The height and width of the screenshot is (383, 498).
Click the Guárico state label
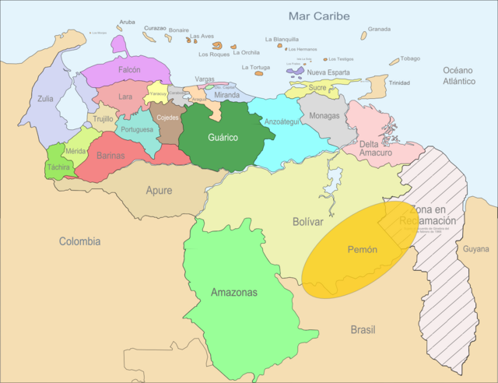point(222,138)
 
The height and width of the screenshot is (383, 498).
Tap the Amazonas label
point(233,293)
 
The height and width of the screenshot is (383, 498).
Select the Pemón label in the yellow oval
point(362,250)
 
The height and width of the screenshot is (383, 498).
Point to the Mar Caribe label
point(319,16)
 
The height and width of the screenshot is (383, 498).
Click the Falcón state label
point(129,69)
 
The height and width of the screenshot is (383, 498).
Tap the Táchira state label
point(58,167)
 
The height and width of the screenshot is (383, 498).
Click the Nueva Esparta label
point(328,72)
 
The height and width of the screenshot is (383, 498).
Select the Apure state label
point(159,190)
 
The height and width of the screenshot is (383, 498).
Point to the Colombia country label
point(79,241)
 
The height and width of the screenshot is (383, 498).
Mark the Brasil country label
point(363,329)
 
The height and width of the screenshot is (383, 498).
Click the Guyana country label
point(476,249)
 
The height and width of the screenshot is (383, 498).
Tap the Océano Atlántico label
point(459,76)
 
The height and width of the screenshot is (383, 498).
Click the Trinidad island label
point(399,83)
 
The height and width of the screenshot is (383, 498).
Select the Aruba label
point(127,22)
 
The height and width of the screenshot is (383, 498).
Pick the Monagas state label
point(324,116)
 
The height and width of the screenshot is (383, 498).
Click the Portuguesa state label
point(138,129)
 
